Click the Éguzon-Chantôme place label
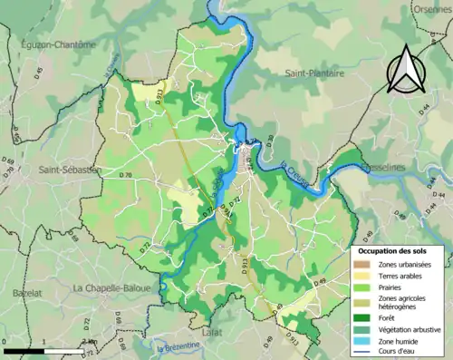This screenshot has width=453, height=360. coord(56,44)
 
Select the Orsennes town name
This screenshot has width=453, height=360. coord(432,8)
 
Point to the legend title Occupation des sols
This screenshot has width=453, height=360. coord(398,249)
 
